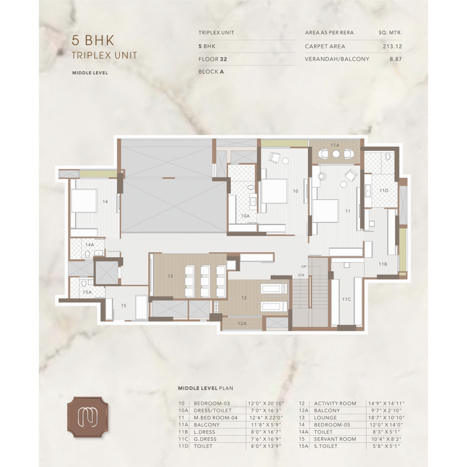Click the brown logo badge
[x=87, y=417]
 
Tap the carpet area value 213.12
[x=392, y=47]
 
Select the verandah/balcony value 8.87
[x=396, y=59]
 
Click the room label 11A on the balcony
[x=335, y=145]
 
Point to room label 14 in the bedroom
[x=105, y=202]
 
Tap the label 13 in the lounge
[x=170, y=276]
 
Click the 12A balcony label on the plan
[x=242, y=323]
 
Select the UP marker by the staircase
[x=303, y=266]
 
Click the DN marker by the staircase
[x=301, y=275]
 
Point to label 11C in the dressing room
[x=347, y=299]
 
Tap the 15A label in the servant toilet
[x=87, y=292]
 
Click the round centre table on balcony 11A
[x=336, y=154]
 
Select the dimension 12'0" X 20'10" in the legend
[x=266, y=404]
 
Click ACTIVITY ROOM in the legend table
[x=335, y=404]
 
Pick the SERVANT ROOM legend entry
[x=335, y=439]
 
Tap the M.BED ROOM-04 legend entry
[x=216, y=418]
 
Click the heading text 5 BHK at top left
[x=93, y=41]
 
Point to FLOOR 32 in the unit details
[x=213, y=59]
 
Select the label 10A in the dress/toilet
[x=245, y=216]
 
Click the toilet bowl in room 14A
[x=87, y=254]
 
